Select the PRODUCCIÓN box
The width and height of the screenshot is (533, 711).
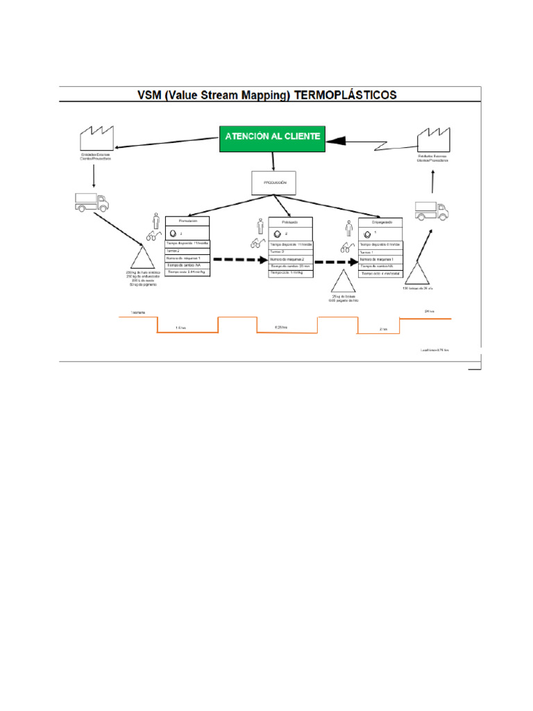273,183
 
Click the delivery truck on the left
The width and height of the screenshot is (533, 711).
92,202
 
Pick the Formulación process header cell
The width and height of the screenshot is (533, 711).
187,221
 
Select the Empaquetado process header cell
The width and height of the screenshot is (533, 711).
380,222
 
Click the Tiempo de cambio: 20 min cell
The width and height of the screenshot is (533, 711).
291,266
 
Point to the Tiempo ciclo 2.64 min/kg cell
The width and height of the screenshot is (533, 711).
187,273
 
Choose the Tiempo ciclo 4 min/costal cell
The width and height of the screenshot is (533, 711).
380,274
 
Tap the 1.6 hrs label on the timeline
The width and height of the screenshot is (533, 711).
180,327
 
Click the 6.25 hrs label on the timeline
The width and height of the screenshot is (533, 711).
281,326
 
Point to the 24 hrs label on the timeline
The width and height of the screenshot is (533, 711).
429,312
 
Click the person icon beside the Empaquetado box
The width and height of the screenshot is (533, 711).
349,228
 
